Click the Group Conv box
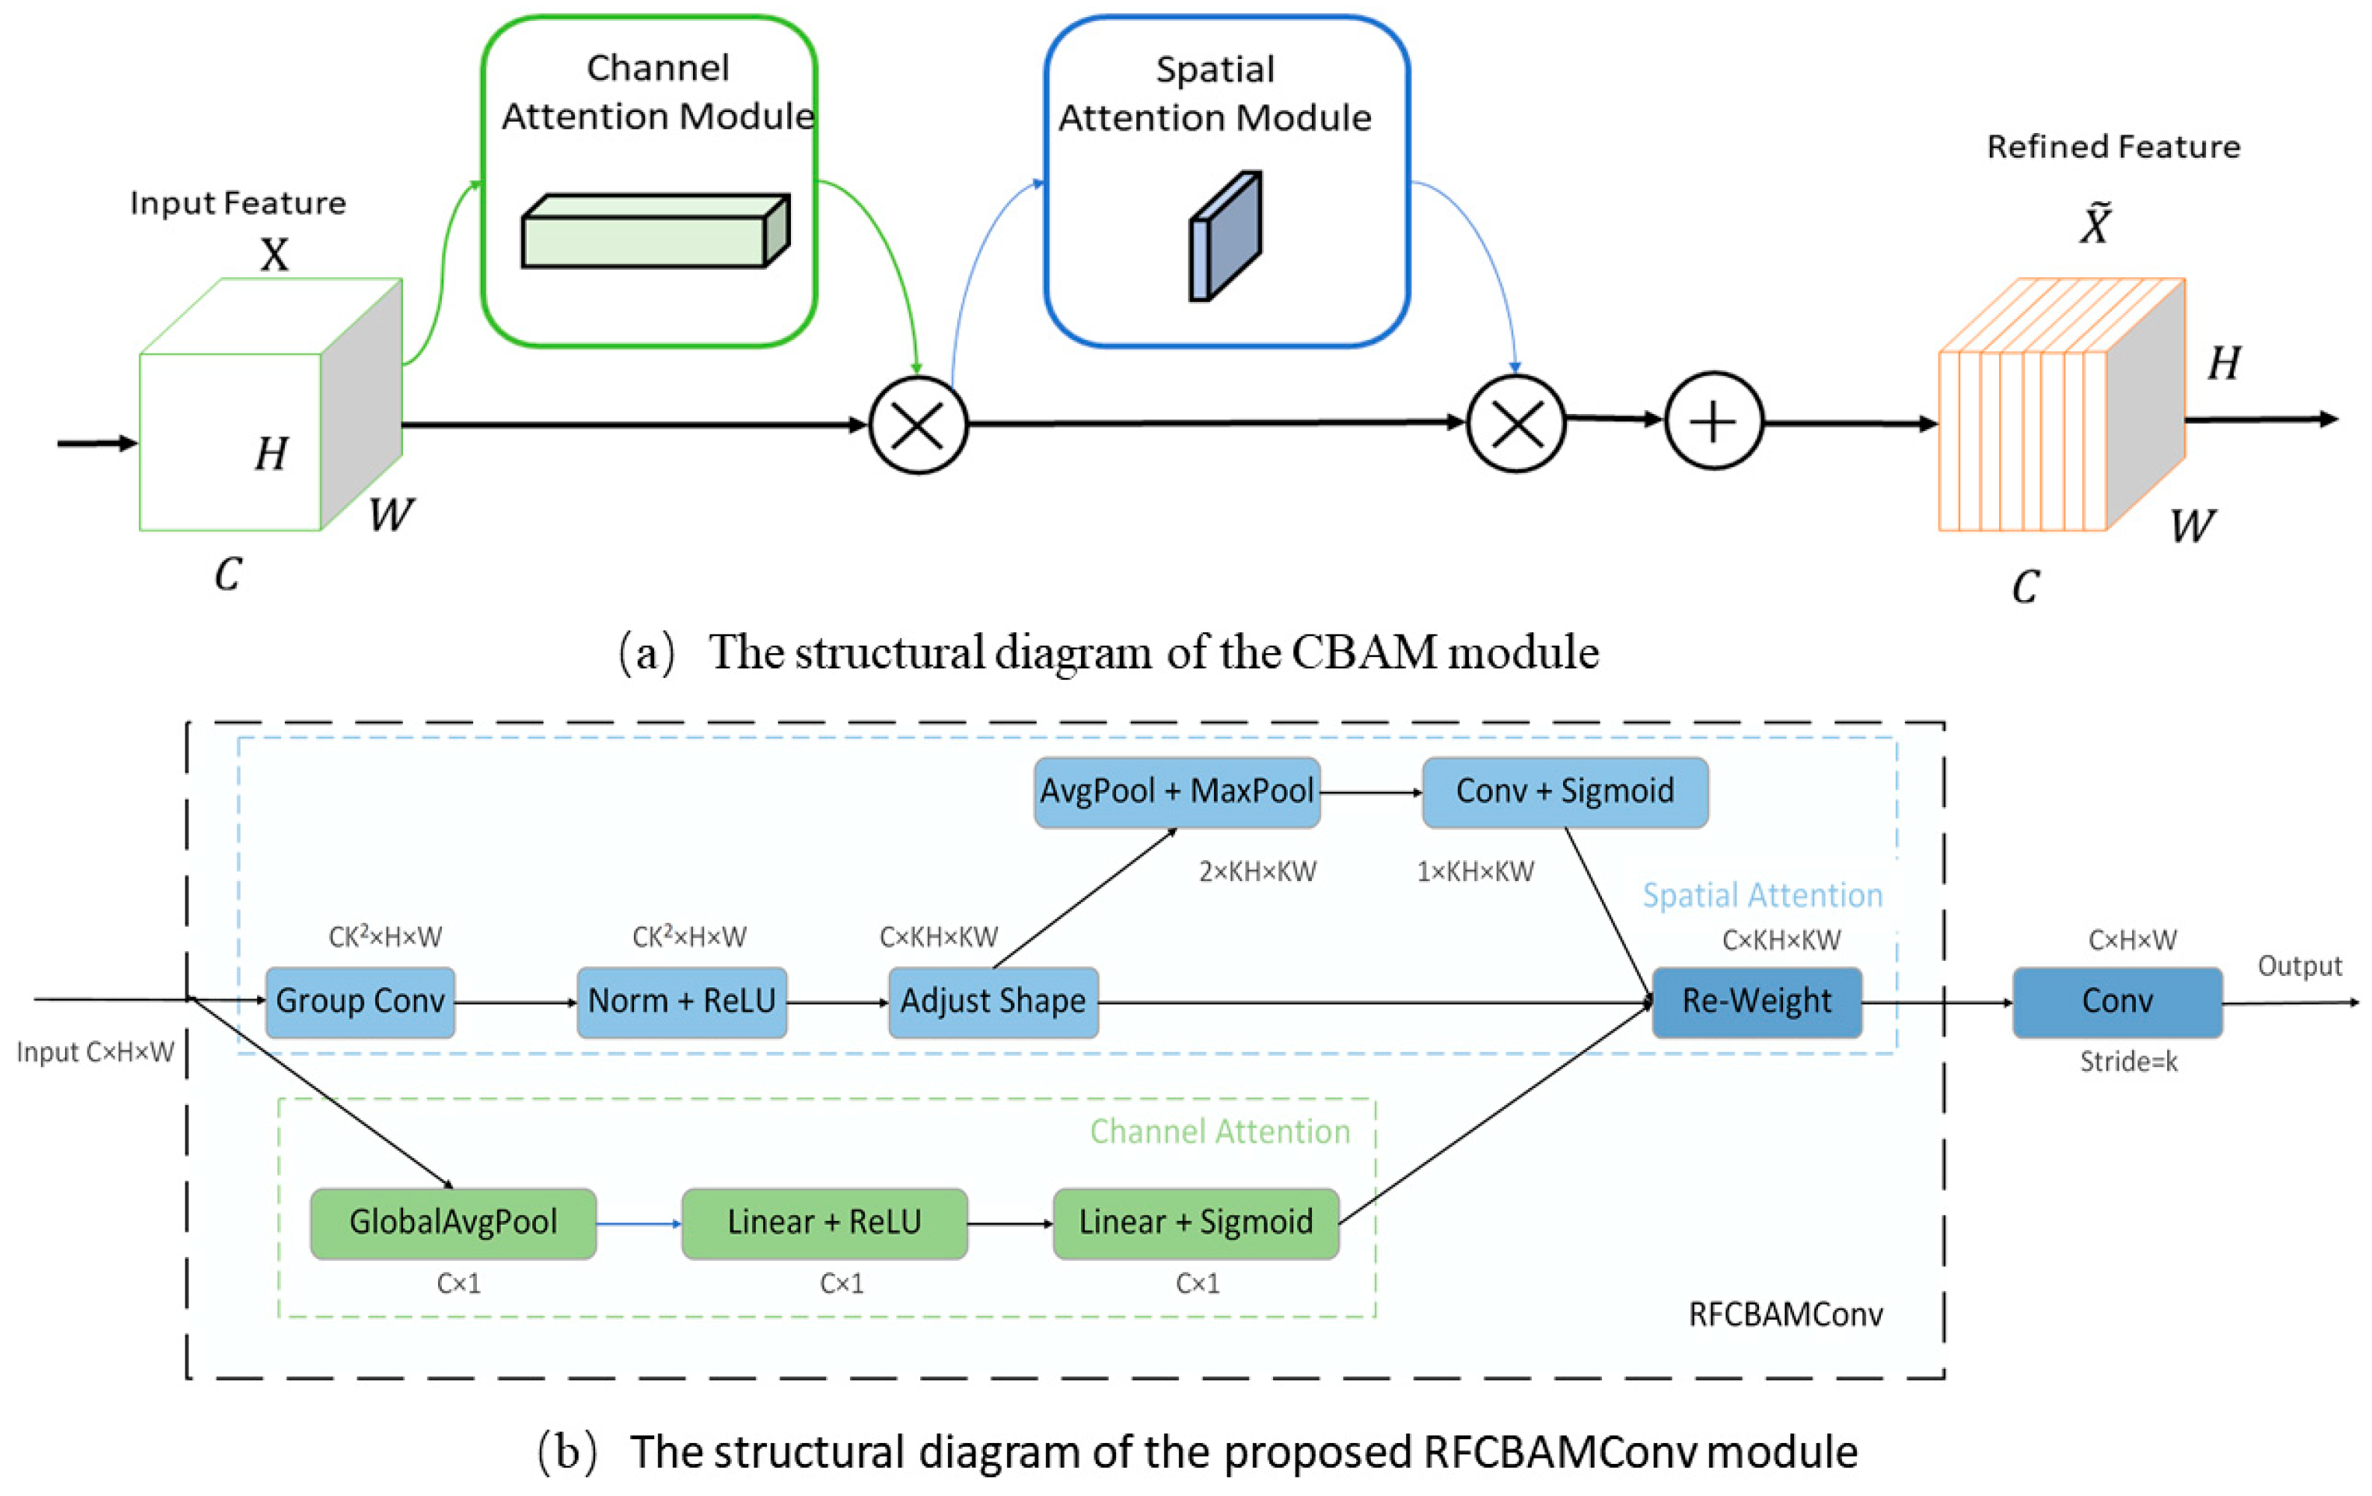360,1001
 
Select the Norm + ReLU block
682,1001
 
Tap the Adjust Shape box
993,1001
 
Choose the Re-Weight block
1756,1001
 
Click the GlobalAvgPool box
453,1223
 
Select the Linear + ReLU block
825,1223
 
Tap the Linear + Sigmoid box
1196,1223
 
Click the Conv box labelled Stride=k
2117,1001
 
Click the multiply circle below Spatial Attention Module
1516,424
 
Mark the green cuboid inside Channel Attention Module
655,232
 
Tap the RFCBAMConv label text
1785,1314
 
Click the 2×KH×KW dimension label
1257,871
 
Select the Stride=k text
2128,1062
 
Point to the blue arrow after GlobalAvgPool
638,1224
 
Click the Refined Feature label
2113,146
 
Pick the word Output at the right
2299,966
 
